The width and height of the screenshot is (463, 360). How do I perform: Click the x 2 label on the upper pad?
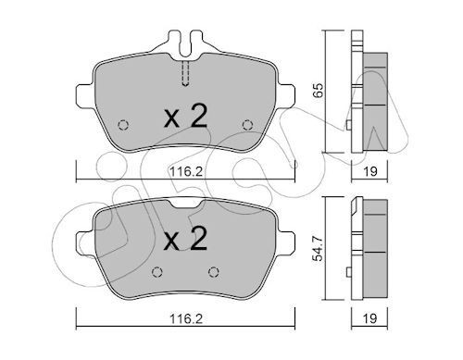pyautogui.click(x=185, y=116)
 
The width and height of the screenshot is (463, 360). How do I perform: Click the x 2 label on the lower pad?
pyautogui.click(x=185, y=238)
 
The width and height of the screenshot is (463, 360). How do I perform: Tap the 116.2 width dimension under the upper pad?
pyautogui.click(x=186, y=171)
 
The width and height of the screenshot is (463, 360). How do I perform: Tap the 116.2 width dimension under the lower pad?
pyautogui.click(x=186, y=318)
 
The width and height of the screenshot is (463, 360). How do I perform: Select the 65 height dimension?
pyautogui.click(x=318, y=90)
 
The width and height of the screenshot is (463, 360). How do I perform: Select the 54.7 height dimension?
pyautogui.click(x=318, y=248)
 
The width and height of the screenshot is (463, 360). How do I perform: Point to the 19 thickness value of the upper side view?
pyautogui.click(x=369, y=171)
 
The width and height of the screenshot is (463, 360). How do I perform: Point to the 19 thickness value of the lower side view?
pyautogui.click(x=369, y=318)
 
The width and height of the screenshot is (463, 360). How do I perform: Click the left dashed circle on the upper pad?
pyautogui.click(x=123, y=125)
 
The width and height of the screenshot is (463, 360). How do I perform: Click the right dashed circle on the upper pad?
pyautogui.click(x=247, y=125)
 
